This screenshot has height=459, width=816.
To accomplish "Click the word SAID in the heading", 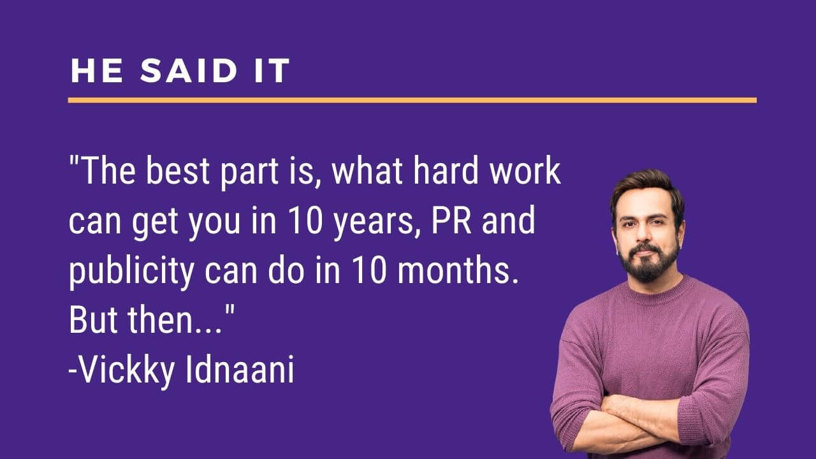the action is coord(189,70).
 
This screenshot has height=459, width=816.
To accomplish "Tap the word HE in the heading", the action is coord(97,70).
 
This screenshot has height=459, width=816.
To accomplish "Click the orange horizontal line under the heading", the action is coord(412,100).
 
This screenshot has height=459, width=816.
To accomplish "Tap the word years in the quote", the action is coord(374,222).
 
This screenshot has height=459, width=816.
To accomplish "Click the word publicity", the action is coord(131,272).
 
